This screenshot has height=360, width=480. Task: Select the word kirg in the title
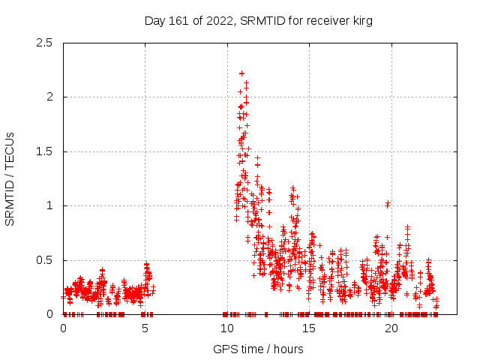361,21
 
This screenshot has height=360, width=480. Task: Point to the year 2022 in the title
221,21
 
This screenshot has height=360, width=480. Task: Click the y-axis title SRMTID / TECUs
10,178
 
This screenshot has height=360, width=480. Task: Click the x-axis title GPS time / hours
258,349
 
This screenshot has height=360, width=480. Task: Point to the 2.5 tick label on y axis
44,43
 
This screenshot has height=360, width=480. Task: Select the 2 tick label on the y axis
49,97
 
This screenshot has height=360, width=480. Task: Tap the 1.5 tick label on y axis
44,151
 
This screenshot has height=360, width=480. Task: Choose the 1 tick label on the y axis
49,205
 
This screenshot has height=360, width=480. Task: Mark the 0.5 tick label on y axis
44,260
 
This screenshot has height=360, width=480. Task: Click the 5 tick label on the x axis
145,328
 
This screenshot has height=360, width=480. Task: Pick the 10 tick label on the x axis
226,328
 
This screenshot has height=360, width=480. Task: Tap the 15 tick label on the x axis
308,328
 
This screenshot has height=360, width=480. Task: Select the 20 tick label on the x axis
390,328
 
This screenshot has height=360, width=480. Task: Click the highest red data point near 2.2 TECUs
241,73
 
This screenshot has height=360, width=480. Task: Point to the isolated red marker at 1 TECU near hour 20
387,204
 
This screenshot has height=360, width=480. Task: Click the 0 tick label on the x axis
63,328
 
